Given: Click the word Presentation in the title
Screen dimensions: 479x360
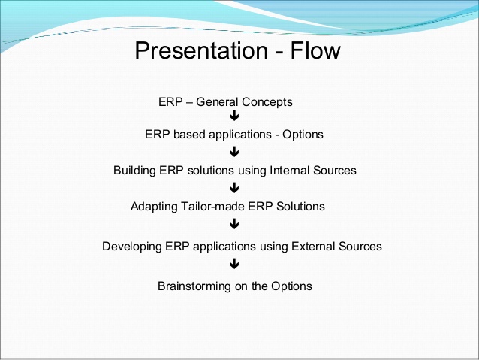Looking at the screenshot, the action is (x=202, y=50).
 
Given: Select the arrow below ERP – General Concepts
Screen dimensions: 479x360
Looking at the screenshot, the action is (x=234, y=116).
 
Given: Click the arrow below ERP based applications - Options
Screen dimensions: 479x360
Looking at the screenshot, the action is (x=234, y=152).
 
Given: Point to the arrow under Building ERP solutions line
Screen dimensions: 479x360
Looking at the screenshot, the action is (x=234, y=188).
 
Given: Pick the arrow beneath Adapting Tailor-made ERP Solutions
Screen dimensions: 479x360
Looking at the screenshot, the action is (x=234, y=224).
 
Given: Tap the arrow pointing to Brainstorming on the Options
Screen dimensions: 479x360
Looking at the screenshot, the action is (x=234, y=264).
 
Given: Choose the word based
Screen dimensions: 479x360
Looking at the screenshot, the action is (x=189, y=135).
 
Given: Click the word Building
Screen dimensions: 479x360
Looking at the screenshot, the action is (x=134, y=171).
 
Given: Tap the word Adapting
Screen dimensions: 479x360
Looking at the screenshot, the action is (x=154, y=207).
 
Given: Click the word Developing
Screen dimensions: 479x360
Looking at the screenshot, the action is (x=132, y=247).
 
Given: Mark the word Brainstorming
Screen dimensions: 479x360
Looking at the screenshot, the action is (x=194, y=286).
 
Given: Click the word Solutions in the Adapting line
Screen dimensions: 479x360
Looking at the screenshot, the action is (x=300, y=207).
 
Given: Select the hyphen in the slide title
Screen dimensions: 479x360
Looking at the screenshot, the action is (x=279, y=53).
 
